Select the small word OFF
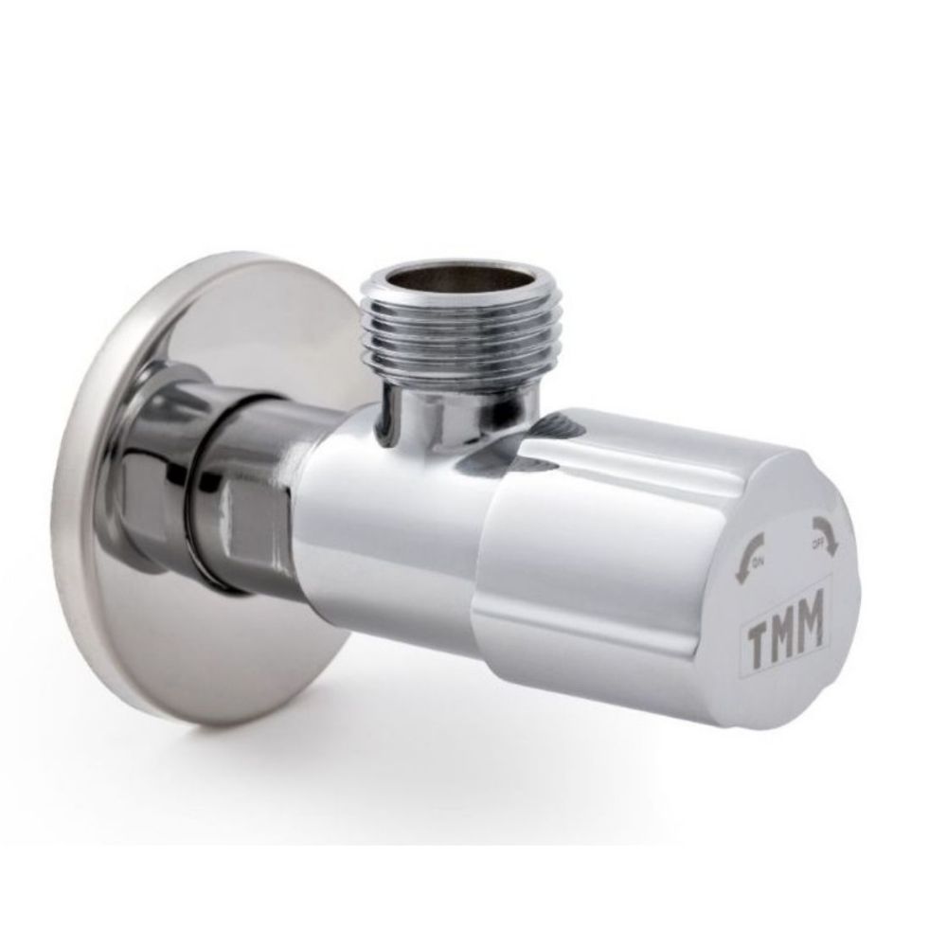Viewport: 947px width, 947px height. tap(815, 543)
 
